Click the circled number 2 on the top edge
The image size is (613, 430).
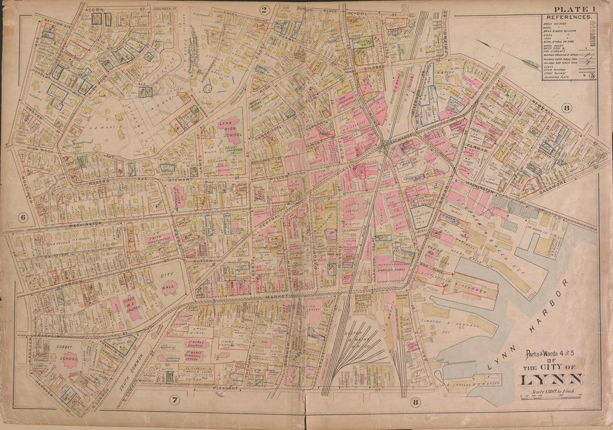[x=264, y=9]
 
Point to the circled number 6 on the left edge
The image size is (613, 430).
[x=23, y=218]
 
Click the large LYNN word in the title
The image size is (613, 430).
[x=551, y=380]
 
